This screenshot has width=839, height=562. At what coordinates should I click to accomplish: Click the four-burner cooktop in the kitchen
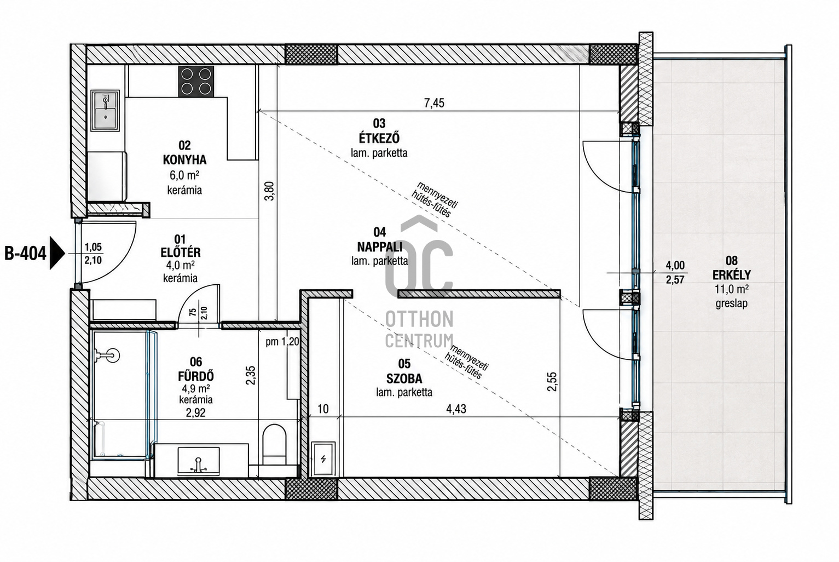coord(196,81)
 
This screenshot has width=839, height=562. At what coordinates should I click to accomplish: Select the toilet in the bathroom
coord(274,444)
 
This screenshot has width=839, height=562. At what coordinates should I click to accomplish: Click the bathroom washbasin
coord(199,461)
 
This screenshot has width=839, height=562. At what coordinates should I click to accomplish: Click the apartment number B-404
coord(25,254)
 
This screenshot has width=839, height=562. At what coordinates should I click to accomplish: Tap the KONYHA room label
coord(184,160)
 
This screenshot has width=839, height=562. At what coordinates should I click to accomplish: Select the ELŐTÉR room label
coord(181,253)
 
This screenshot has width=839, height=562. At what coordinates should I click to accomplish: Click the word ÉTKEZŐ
coord(379,138)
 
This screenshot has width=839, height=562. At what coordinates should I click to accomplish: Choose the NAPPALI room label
coord(380,246)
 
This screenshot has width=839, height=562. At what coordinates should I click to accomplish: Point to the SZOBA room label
coord(404,379)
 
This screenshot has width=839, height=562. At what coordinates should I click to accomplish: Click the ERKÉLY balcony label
coord(732,275)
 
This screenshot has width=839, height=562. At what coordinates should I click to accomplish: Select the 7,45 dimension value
coord(434,103)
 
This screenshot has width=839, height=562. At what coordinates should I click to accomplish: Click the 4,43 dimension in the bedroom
coord(456,409)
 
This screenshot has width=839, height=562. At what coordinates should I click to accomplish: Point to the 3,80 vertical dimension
coord(269,191)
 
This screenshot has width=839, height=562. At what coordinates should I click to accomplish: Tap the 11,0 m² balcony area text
coord(732,290)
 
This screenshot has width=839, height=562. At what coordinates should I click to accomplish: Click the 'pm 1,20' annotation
coord(282,342)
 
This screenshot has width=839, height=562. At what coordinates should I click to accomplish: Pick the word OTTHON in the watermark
coord(419,319)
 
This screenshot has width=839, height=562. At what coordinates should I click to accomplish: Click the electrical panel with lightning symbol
coord(323,458)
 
